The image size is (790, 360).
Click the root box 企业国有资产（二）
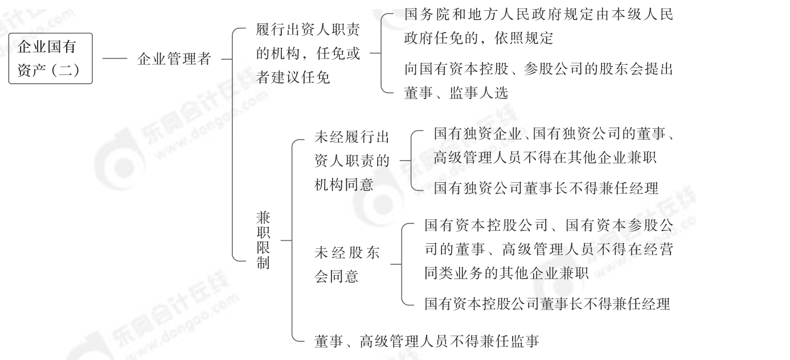point(50,58)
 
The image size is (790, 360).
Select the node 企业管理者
point(174,59)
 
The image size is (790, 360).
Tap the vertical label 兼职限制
point(263,240)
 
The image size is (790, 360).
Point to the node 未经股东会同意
point(347,264)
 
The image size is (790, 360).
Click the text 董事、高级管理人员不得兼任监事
point(427,341)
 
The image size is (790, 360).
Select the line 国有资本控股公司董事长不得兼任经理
point(547,304)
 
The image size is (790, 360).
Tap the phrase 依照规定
point(530,38)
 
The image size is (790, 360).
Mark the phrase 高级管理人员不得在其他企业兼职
point(545,158)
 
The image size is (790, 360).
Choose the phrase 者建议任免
point(293,77)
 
